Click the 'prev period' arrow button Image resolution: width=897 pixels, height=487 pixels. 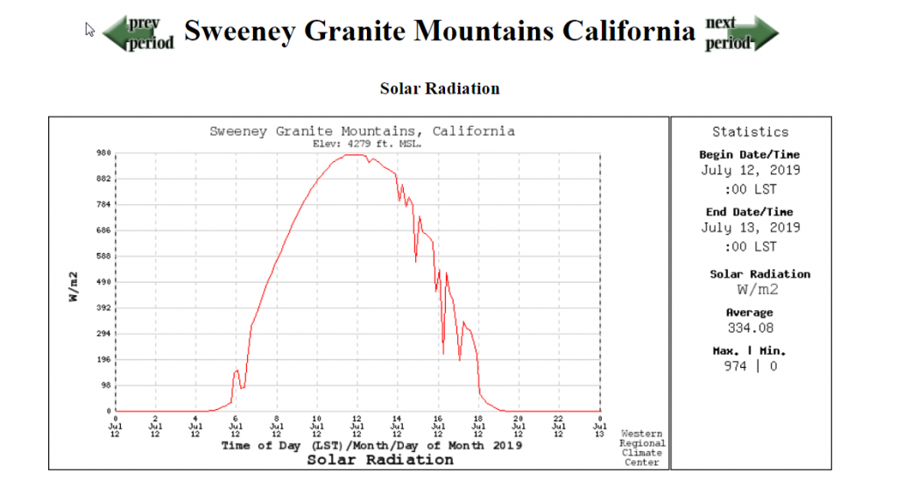(138, 33)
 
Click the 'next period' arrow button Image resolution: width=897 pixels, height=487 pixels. (740, 33)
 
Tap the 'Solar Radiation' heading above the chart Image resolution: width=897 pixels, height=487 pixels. (440, 88)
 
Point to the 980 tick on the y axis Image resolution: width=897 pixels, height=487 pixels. (102, 153)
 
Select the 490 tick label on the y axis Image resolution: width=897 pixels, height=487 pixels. (102, 282)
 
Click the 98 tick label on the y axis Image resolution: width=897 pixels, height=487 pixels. (105, 385)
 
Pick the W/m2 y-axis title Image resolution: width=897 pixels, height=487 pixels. (75, 286)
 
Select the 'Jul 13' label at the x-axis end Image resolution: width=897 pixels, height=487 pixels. (599, 430)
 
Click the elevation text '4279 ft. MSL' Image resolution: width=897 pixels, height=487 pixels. (367, 143)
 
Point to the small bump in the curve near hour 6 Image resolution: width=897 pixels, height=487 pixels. (237, 371)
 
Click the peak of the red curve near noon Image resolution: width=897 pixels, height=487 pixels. (354, 155)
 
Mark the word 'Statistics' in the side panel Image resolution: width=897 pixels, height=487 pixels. (750, 131)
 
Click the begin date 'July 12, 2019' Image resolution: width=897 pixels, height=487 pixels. (751, 171)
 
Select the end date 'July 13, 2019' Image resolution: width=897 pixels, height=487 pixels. (751, 228)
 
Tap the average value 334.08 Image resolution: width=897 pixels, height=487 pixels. (750, 328)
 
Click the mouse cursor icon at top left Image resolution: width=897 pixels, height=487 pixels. (89, 30)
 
